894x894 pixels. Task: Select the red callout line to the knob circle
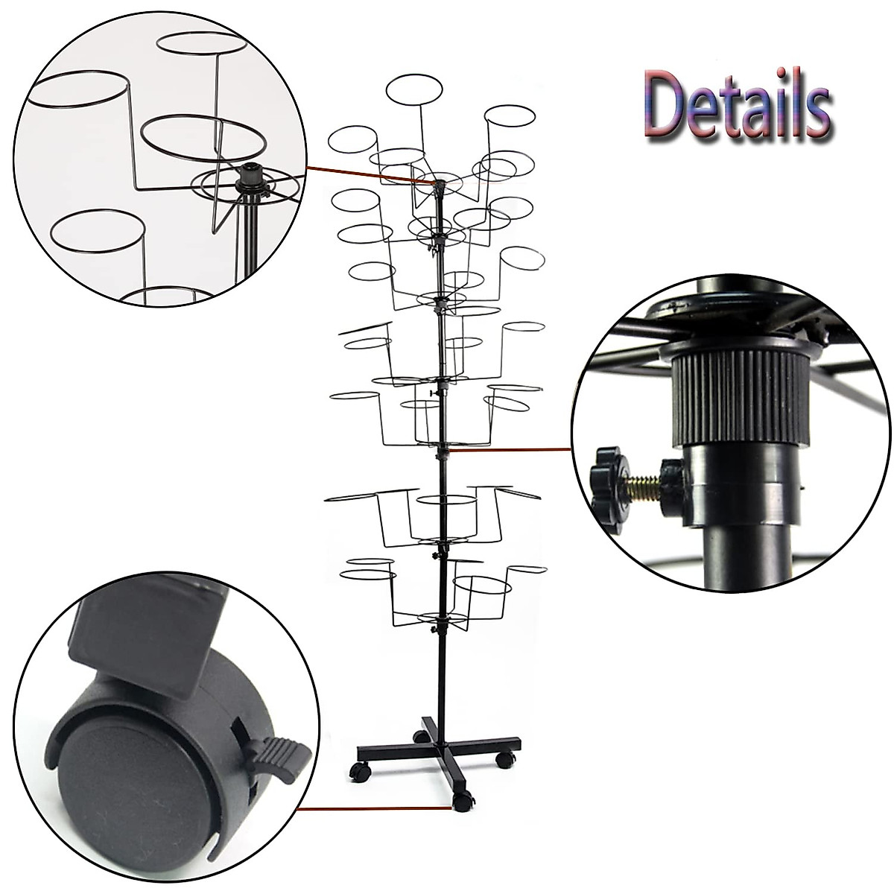click(510, 449)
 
